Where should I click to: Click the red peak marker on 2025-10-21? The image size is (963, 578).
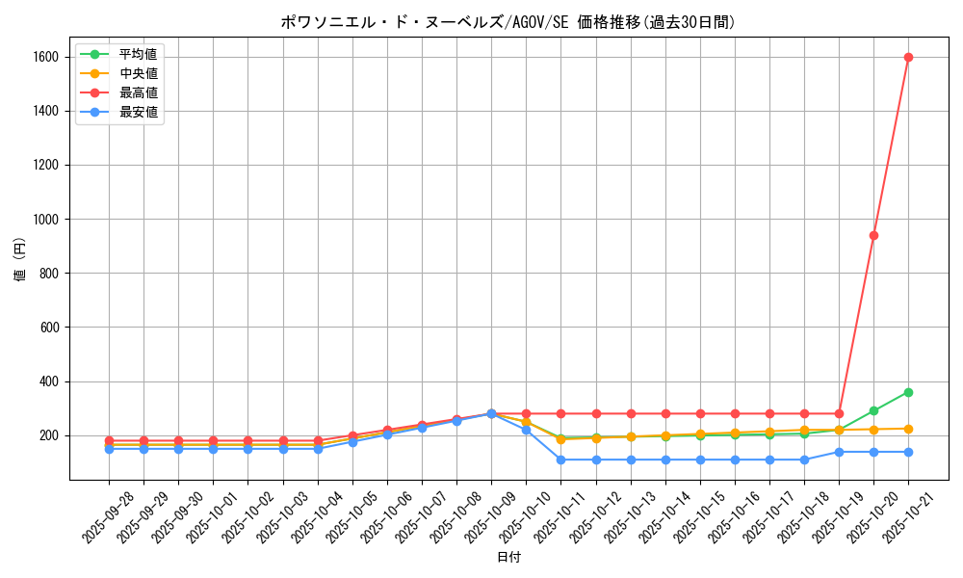[908, 57]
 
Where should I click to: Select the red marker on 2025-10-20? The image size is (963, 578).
[873, 235]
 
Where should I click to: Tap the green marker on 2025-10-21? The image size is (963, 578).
[908, 392]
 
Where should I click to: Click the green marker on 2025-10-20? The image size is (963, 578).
[873, 410]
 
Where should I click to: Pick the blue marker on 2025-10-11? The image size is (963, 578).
[560, 460]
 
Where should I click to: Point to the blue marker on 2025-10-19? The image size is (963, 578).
[839, 452]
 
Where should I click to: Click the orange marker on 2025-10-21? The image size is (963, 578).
[908, 429]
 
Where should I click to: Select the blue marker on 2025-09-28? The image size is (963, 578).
[109, 449]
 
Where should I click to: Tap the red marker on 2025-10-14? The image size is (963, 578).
[665, 413]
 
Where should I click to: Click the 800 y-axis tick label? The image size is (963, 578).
[48, 274]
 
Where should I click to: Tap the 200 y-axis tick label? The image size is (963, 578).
[48, 435]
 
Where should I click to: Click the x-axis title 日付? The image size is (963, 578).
[508, 558]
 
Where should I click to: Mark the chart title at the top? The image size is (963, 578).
[508, 22]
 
